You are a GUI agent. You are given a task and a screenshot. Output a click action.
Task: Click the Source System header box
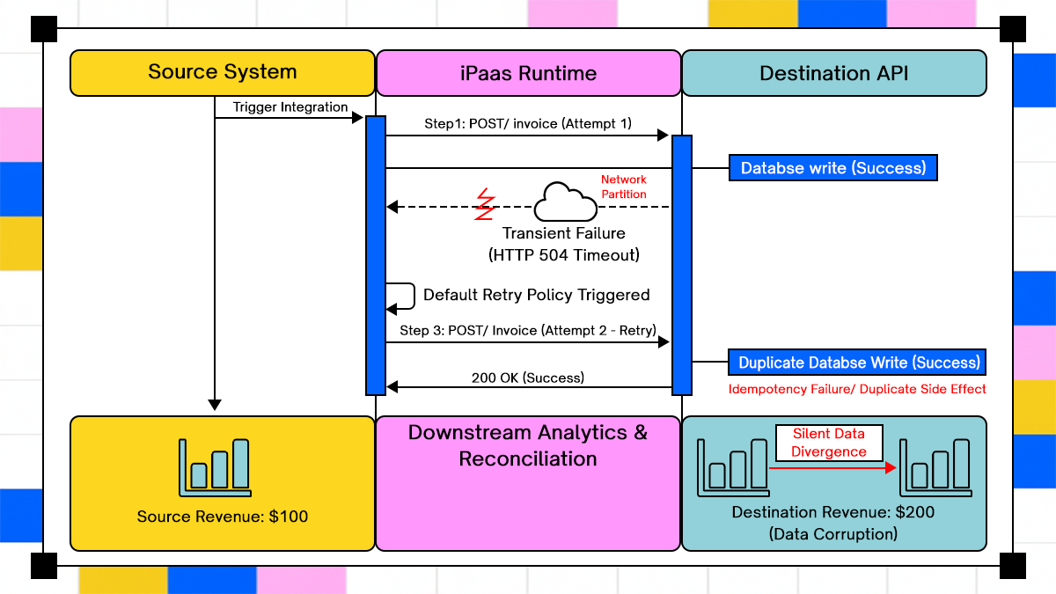click(222, 72)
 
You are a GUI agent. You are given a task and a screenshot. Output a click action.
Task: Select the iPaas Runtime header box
click(528, 73)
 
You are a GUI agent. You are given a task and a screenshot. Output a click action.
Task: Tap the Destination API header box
click(833, 73)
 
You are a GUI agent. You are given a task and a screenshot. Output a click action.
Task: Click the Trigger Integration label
click(290, 107)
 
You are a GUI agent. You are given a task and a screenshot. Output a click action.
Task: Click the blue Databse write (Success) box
click(832, 168)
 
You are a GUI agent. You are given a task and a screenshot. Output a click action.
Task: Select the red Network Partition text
click(623, 187)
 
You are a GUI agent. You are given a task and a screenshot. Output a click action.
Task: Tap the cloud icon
click(565, 202)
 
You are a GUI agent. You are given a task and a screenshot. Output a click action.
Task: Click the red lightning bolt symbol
click(484, 204)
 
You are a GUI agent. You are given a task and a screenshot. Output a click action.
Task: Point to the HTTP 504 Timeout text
click(563, 255)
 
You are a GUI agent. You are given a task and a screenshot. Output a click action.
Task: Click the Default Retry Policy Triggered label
click(536, 295)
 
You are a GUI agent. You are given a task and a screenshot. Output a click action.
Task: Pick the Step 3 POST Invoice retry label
click(527, 331)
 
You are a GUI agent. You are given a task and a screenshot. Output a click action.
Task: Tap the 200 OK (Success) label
click(527, 378)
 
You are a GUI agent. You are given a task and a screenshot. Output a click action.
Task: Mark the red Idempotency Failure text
click(857, 389)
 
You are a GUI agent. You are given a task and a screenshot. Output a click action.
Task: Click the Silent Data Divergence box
click(828, 443)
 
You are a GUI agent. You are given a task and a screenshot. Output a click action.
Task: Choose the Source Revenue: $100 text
click(222, 517)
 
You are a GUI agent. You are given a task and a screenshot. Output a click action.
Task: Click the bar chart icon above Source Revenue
click(214, 466)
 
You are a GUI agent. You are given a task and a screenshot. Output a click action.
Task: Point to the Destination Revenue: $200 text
click(833, 512)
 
